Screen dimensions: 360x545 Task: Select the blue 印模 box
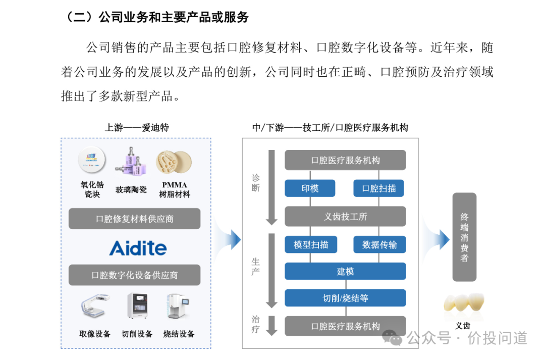click(310, 188)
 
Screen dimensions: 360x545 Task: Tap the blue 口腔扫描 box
click(379, 188)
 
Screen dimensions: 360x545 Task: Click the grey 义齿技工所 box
click(345, 217)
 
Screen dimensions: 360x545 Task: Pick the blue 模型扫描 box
click(310, 245)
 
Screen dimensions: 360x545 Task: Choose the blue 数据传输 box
click(379, 245)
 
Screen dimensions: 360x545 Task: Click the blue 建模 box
click(345, 271)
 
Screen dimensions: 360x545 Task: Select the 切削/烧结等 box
click(345, 298)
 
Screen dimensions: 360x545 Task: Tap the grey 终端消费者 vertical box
click(464, 237)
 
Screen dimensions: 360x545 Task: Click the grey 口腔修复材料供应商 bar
click(134, 219)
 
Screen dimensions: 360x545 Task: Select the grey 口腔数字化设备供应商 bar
click(134, 275)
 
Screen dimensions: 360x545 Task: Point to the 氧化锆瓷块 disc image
click(92, 159)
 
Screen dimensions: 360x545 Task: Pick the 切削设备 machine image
click(137, 306)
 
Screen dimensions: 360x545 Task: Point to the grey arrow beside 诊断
click(272, 187)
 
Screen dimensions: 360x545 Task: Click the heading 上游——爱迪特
click(136, 127)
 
